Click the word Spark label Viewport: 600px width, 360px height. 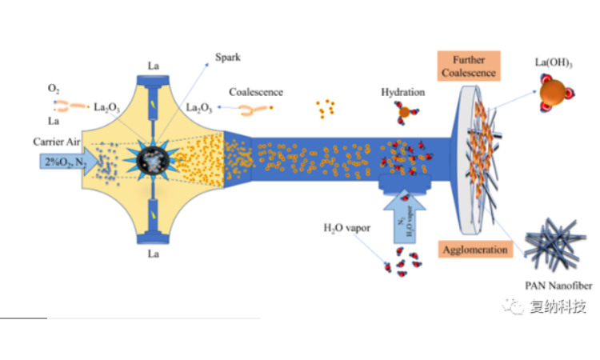click(227, 58)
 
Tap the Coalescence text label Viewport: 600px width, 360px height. click(255, 91)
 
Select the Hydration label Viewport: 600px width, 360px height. click(403, 92)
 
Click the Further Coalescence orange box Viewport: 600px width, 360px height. click(469, 66)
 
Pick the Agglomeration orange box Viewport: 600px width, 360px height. click(475, 249)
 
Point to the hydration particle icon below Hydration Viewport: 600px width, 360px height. click(404, 113)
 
